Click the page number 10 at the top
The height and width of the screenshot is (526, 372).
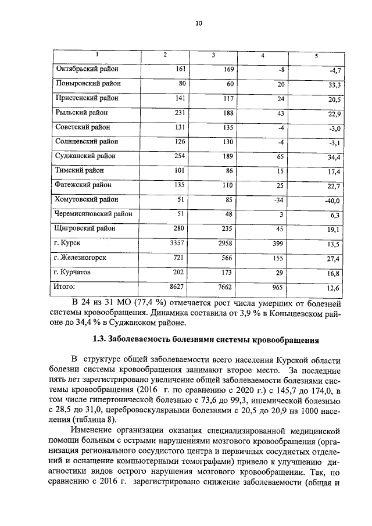[x=198, y=23]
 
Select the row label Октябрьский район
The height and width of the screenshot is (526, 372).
[x=87, y=69]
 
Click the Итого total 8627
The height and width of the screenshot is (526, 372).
[x=175, y=287]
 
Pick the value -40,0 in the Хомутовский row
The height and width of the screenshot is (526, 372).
[x=332, y=201]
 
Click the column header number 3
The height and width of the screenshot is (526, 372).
[x=214, y=55]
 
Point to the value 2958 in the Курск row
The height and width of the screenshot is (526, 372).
[x=224, y=243]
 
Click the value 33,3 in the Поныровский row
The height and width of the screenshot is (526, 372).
[x=333, y=85]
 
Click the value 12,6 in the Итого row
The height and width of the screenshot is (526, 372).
[x=333, y=288]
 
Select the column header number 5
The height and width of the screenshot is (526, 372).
[x=316, y=56]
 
